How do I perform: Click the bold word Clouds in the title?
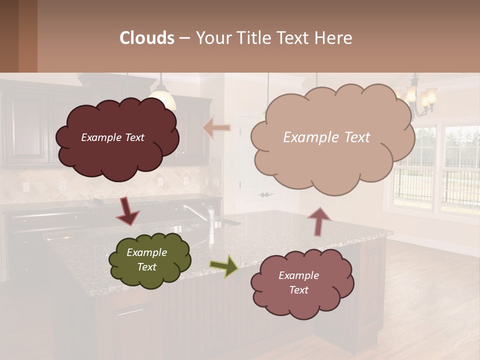(x=147, y=38)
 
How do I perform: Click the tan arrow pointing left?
(x=217, y=128)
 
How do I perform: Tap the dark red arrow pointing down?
(x=127, y=212)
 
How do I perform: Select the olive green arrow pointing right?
(x=223, y=266)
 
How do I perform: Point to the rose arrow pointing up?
(x=319, y=221)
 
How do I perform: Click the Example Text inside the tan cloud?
(x=326, y=137)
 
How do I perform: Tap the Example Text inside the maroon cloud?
(x=112, y=137)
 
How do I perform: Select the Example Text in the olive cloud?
(x=146, y=259)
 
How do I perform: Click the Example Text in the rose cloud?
(x=298, y=282)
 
